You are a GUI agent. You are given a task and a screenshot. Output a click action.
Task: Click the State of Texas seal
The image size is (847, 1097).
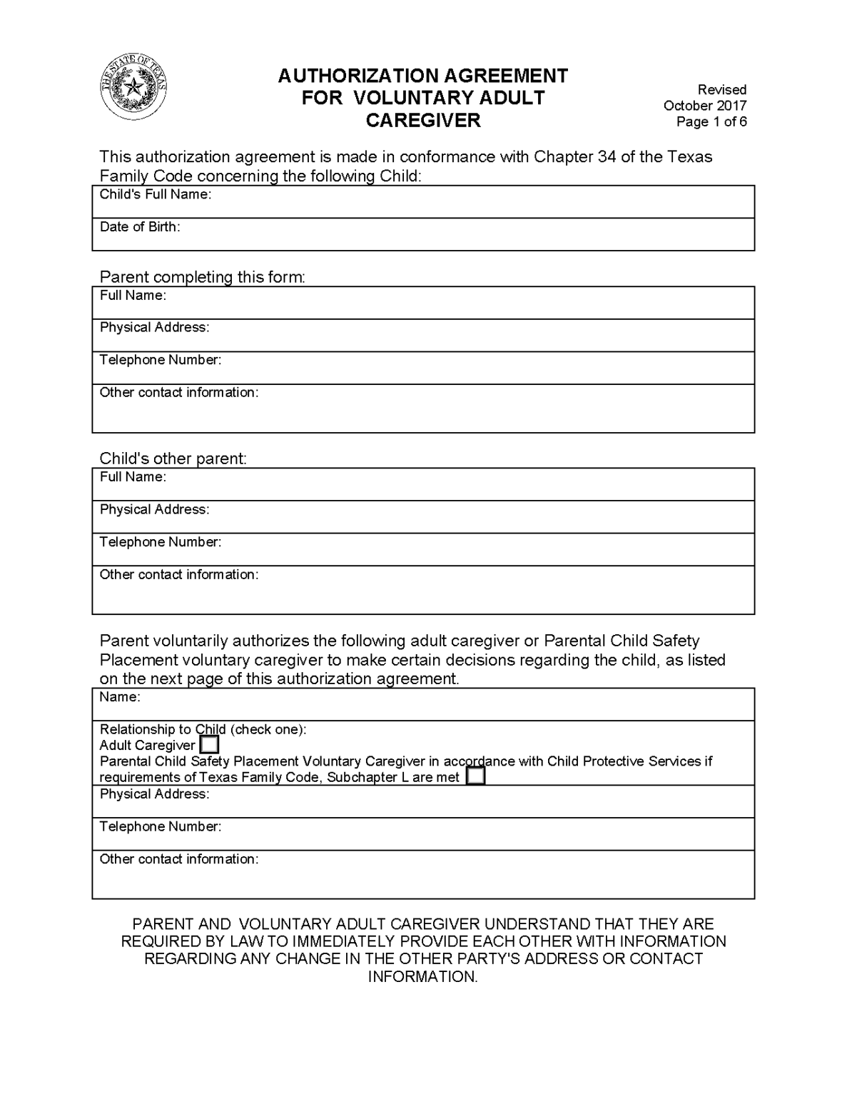133,89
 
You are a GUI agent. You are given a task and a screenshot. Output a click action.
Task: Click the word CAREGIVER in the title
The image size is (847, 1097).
423,120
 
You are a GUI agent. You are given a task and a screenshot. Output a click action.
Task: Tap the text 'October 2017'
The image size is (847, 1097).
704,106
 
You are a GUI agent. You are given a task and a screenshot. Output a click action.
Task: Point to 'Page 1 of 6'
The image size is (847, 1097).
711,121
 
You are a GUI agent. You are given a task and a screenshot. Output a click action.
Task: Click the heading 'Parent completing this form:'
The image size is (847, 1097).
202,277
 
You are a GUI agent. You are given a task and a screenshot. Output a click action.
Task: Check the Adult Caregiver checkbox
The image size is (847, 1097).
209,745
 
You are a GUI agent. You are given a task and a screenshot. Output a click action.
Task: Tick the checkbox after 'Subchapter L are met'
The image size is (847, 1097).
475,776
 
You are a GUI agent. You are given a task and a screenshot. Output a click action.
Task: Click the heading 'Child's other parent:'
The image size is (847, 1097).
173,459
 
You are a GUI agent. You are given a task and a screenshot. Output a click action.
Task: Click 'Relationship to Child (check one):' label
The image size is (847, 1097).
203,729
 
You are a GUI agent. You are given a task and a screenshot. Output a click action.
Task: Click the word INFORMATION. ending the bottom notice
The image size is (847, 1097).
422,976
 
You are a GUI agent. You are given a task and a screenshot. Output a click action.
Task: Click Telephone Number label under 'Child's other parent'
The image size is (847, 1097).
161,542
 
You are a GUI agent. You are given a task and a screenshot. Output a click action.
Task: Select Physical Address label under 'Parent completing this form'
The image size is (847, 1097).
154,327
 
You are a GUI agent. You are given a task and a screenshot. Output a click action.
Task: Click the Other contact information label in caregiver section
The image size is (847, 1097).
178,859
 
